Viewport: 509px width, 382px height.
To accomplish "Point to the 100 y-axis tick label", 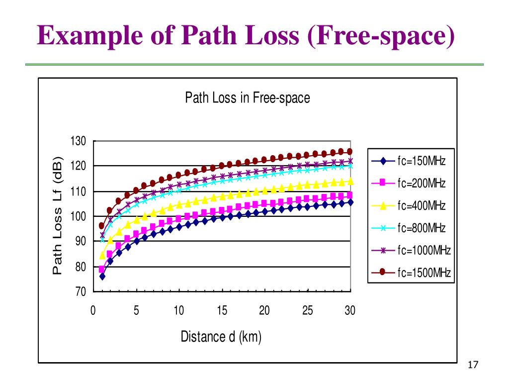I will point(80,216).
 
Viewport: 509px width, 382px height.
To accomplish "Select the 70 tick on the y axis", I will point(81,291).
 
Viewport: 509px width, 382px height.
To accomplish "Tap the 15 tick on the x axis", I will point(222,311).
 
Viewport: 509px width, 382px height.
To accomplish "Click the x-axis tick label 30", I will point(350,311).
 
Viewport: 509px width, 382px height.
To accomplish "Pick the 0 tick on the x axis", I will point(93,311).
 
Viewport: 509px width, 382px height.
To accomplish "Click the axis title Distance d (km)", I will point(221,337).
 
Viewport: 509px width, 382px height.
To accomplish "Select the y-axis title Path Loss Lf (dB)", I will point(58,216).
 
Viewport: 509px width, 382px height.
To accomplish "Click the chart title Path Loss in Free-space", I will point(247,97).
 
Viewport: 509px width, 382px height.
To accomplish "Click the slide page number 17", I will point(473,366).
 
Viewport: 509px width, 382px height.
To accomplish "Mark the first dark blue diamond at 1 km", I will point(102,276).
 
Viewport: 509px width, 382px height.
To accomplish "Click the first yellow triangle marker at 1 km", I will point(102,255).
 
